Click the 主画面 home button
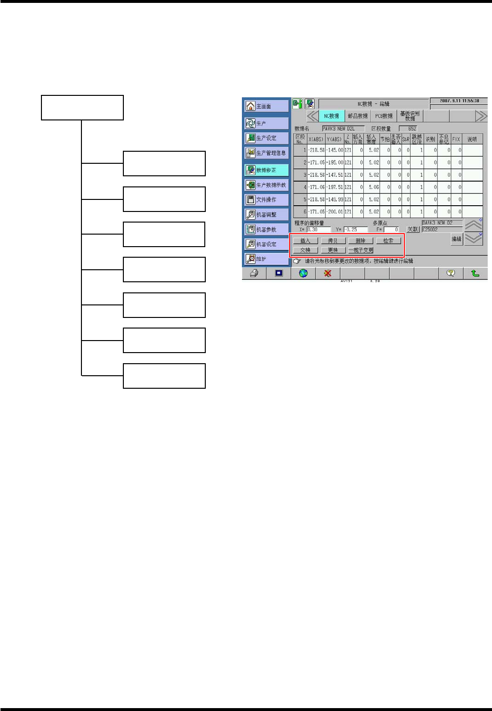pyautogui.click(x=266, y=106)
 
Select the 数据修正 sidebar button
pyautogui.click(x=266, y=170)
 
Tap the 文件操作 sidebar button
pyautogui.click(x=266, y=199)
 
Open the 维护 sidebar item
pyautogui.click(x=266, y=259)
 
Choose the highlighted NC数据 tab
pyautogui.click(x=332, y=116)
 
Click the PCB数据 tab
pyautogui.click(x=384, y=116)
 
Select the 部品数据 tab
pyautogui.click(x=358, y=116)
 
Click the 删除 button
pyautogui.click(x=360, y=241)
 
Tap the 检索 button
pyautogui.click(x=388, y=241)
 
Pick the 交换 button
pyautogui.click(x=306, y=250)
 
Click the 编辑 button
pyautogui.click(x=456, y=239)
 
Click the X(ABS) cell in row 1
pyautogui.click(x=316, y=150)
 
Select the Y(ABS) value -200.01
pyautogui.click(x=335, y=211)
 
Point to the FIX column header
pyautogui.click(x=456, y=139)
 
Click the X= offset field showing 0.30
pyautogui.click(x=319, y=230)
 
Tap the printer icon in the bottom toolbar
pyautogui.click(x=254, y=273)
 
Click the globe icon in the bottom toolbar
pyautogui.click(x=303, y=273)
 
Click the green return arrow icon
pyautogui.click(x=475, y=273)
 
